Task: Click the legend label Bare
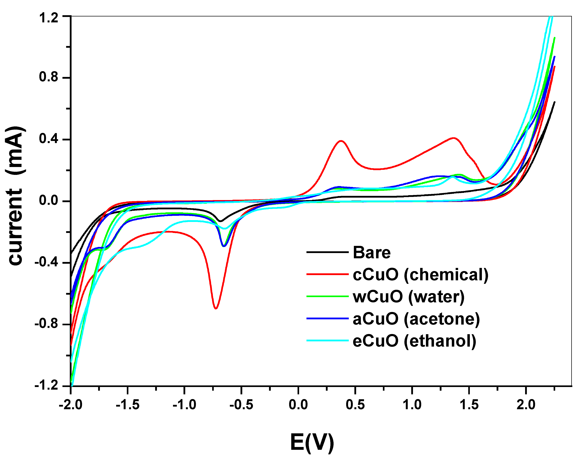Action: tap(372, 253)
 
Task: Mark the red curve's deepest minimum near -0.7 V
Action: tap(216, 308)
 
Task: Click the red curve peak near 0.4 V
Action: tap(341, 141)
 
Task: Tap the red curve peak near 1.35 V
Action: tap(453, 138)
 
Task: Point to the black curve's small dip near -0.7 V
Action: tap(220, 221)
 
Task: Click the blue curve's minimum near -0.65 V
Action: tap(224, 246)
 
